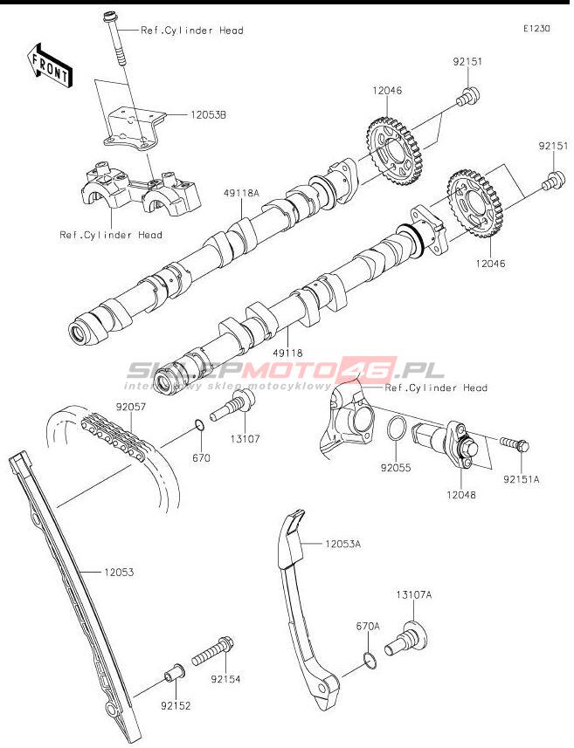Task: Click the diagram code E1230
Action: (536, 29)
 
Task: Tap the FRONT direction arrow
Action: (50, 66)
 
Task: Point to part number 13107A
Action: (413, 594)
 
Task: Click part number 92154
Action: (225, 678)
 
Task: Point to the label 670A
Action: (368, 626)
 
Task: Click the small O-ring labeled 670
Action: (199, 426)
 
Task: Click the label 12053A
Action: (342, 543)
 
